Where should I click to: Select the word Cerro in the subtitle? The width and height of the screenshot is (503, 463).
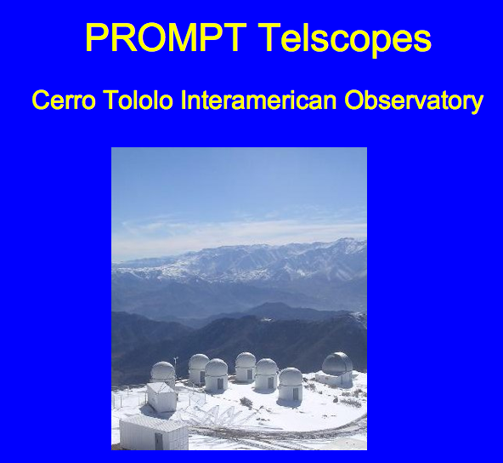click(x=64, y=100)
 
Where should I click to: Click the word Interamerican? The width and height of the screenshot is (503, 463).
click(x=258, y=100)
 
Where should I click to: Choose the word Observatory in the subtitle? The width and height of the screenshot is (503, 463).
click(x=414, y=101)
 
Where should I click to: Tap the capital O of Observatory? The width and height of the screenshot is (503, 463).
click(x=353, y=100)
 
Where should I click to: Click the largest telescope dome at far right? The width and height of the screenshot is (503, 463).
click(x=336, y=363)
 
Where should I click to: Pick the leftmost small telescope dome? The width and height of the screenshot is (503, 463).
click(x=163, y=373)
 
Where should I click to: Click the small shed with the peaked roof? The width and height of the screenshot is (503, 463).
click(x=161, y=397)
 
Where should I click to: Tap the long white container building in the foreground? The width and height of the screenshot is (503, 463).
click(x=154, y=432)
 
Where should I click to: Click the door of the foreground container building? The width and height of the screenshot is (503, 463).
click(x=159, y=441)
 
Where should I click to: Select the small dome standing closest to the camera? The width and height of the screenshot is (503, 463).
click(x=291, y=385)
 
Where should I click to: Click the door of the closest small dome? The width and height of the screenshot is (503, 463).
click(x=296, y=394)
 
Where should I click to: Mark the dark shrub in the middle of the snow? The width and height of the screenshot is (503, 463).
click(x=246, y=403)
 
